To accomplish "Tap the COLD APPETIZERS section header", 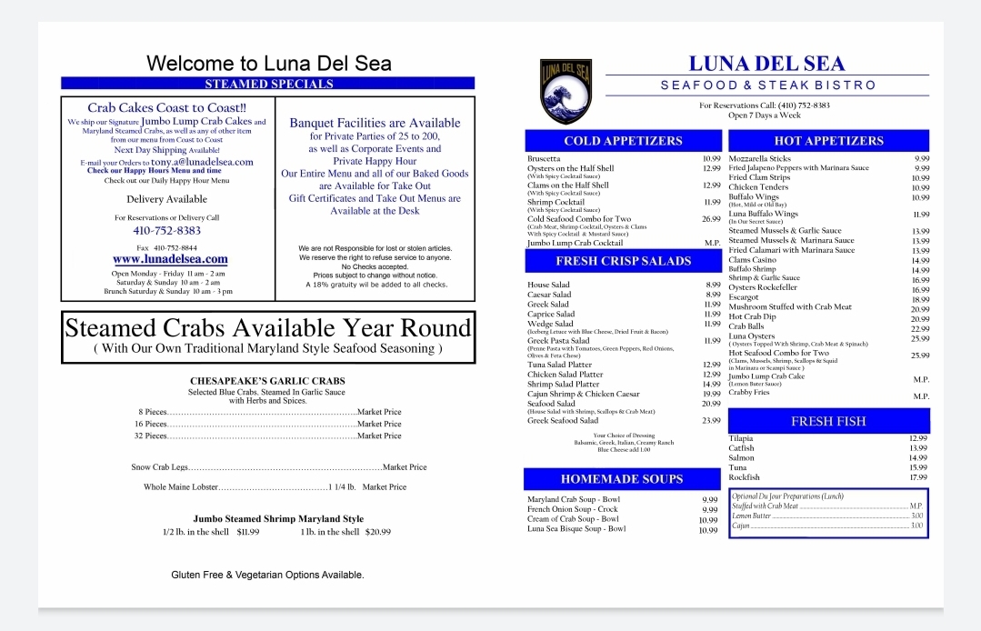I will (623, 141).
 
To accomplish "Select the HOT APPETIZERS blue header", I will (828, 141).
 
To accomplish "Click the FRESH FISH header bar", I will (828, 421).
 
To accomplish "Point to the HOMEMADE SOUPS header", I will (622, 479).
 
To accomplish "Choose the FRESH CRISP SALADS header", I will (623, 261).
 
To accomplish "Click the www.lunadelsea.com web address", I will (170, 259).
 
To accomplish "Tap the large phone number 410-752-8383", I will (166, 231).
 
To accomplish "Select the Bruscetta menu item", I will (544, 159).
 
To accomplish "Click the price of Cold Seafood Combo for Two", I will (711, 219).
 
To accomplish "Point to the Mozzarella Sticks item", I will (760, 159).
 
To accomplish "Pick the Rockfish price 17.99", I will (918, 477).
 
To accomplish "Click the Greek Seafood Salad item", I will (563, 421).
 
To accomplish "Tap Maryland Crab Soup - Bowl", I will (574, 499).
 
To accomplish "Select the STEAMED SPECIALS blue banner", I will (268, 84).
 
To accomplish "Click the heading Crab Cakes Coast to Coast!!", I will (166, 107).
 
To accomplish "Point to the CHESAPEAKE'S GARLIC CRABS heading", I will (267, 381).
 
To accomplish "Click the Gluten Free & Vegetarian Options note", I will (267, 575).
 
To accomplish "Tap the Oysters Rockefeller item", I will (763, 288).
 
